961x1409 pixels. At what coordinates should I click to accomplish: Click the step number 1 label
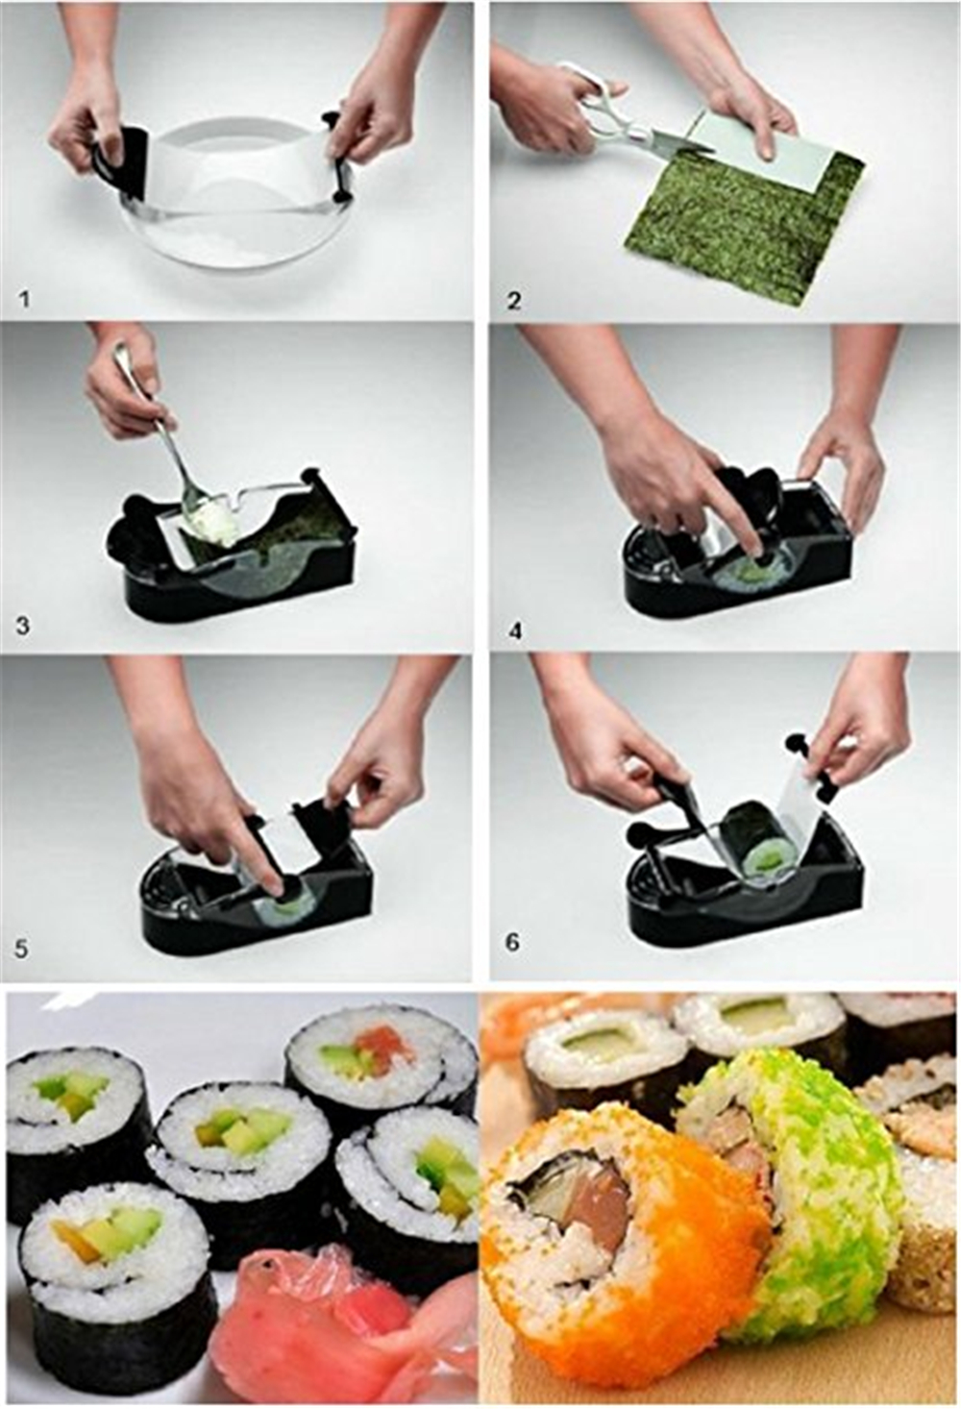pos(25,300)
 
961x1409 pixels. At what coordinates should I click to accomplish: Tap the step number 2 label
pos(514,301)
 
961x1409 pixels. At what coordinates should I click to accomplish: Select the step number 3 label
pos(23,627)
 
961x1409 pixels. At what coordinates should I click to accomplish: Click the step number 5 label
pos(21,948)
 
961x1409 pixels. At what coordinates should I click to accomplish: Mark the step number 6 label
pos(513,944)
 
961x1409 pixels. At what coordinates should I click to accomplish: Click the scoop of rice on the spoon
pos(214,521)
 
